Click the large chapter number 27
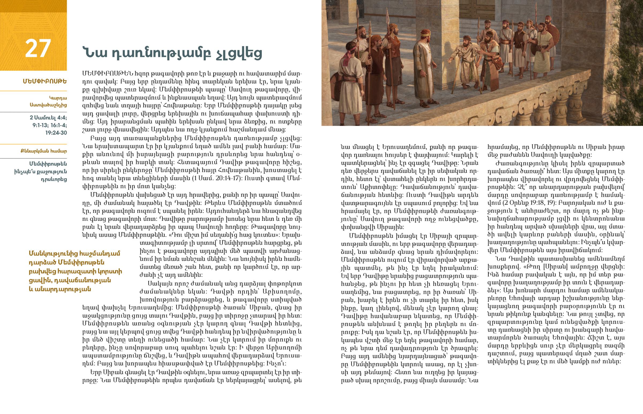click(x=38, y=48)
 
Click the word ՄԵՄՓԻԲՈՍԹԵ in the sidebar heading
click(x=45, y=81)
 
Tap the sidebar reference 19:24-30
click(x=56, y=133)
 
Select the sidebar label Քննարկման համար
click(x=44, y=151)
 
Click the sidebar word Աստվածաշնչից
click(x=48, y=105)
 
